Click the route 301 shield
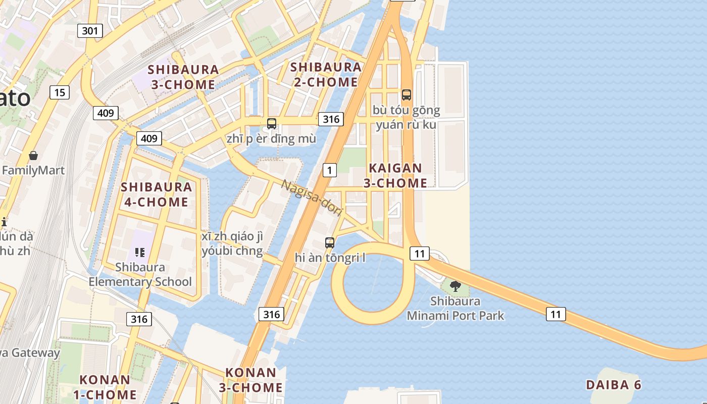[x=90, y=31]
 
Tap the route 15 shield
[x=60, y=92]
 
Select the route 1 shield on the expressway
[x=329, y=170]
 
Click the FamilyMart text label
[x=33, y=170]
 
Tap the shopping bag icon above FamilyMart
[x=33, y=156]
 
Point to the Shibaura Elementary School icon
[x=140, y=252]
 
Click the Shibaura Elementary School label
[x=140, y=274]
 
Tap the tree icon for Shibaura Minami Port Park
[x=455, y=286]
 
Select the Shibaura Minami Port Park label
[x=455, y=309]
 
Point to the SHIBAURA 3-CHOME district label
[x=183, y=77]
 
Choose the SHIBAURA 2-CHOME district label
[x=326, y=74]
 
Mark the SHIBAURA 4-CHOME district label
[x=156, y=194]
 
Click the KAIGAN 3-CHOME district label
[x=395, y=175]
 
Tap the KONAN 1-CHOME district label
[x=105, y=387]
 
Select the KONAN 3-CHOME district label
[x=251, y=380]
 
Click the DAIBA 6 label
[x=613, y=385]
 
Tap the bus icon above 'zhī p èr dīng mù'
[x=271, y=123]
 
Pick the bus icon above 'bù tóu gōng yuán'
[x=406, y=94]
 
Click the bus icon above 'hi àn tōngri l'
[x=330, y=242]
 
